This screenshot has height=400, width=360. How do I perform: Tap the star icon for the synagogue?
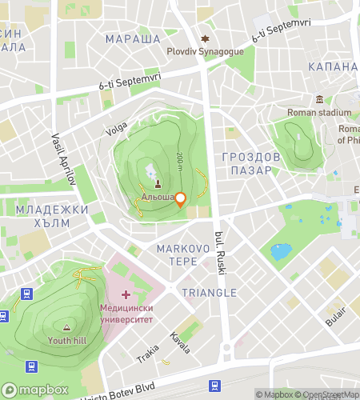206,38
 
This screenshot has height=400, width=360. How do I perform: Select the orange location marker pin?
181,199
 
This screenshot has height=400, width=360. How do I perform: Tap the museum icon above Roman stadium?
319,100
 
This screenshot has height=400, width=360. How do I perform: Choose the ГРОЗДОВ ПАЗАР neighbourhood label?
251,164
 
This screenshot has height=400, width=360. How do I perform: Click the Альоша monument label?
157,197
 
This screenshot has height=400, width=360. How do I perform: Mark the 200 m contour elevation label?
181,162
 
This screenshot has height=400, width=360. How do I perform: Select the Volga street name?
117,126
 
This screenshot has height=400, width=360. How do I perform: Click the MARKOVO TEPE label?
183,255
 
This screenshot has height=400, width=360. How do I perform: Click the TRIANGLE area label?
209,293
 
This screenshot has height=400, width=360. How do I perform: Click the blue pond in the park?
281,253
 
